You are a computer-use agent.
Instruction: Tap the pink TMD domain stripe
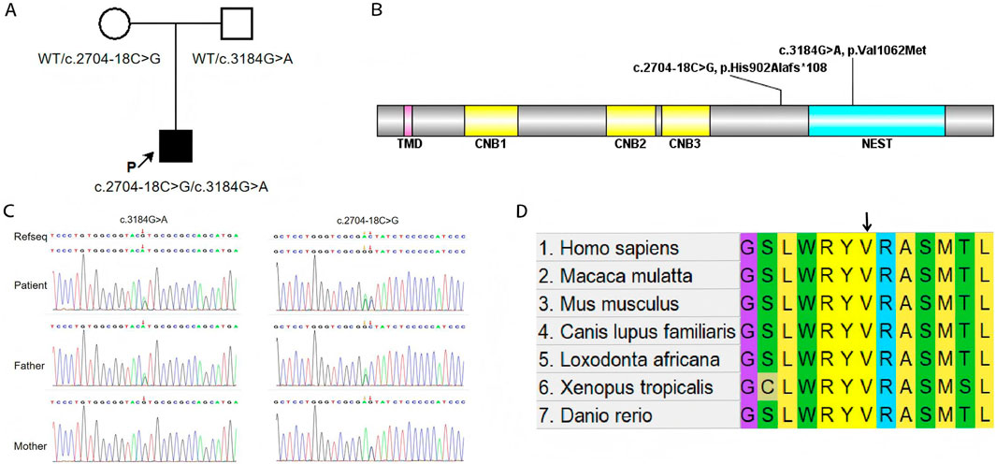pyautogui.click(x=408, y=123)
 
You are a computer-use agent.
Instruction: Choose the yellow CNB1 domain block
pyautogui.click(x=491, y=123)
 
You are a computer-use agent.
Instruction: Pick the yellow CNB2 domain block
pyautogui.click(x=631, y=123)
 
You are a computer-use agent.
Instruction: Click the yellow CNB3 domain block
pyautogui.click(x=686, y=123)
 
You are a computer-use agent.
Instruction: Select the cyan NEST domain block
pyautogui.click(x=876, y=123)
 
